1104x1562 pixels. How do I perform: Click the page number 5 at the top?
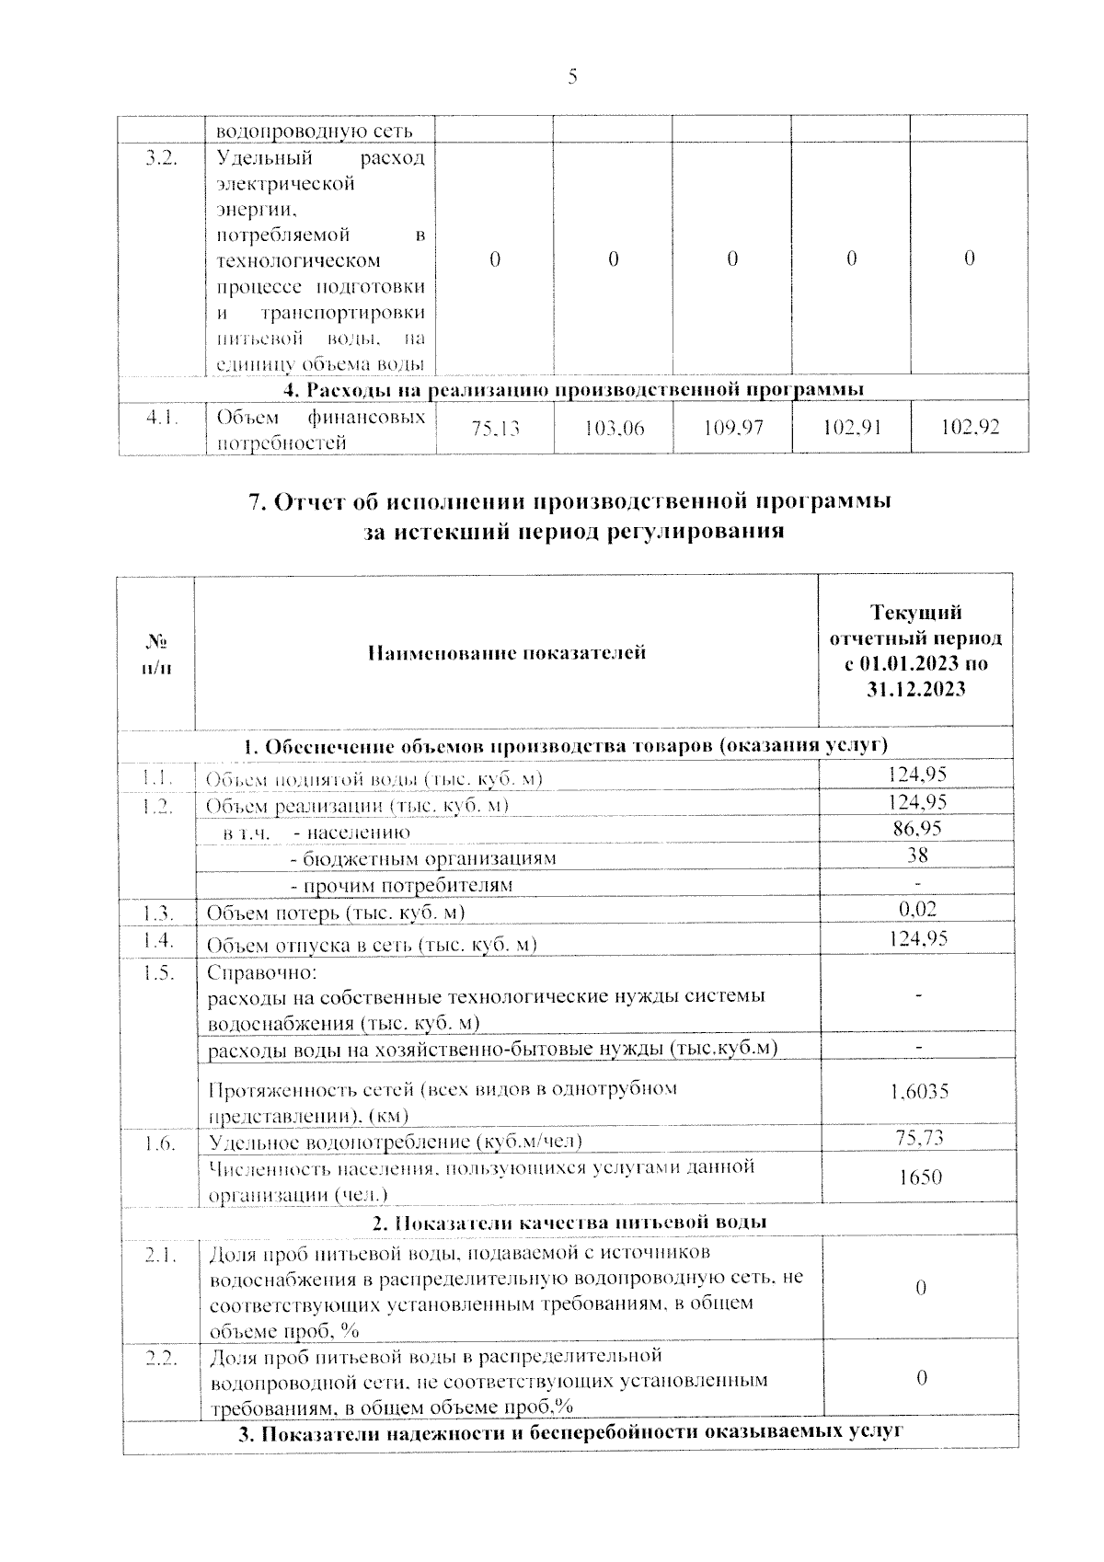point(572,78)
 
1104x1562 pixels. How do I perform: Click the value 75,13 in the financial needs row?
point(494,429)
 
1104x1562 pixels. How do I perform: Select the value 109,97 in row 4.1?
point(732,429)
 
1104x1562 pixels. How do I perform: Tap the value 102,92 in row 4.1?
point(970,429)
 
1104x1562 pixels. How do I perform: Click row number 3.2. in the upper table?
point(162,158)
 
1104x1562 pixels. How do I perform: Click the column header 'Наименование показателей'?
point(507,653)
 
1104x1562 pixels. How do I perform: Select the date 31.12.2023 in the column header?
point(916,688)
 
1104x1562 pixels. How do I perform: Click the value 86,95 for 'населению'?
point(917,829)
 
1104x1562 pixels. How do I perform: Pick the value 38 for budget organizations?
point(917,855)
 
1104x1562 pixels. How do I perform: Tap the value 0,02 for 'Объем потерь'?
point(917,909)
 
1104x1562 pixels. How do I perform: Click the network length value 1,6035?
point(919,1092)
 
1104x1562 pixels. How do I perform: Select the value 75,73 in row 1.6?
point(919,1138)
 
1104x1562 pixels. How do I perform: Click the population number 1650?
point(919,1177)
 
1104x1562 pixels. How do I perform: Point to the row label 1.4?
point(158,939)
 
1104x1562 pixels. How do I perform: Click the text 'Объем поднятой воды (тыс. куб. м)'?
point(374,779)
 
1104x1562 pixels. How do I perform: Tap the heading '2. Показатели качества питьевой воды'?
point(569,1222)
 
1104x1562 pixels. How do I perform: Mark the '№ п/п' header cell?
point(157,653)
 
